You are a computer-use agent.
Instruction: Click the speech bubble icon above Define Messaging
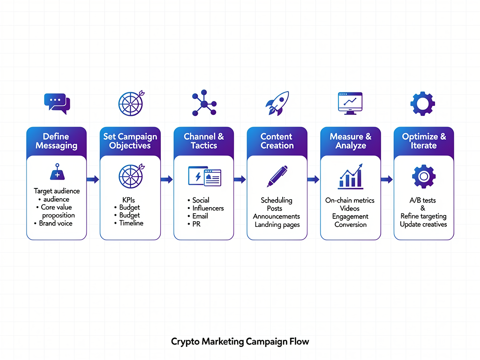tap(57, 104)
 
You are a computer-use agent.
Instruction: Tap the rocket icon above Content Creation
tap(277, 104)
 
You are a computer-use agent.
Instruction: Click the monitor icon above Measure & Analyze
tap(350, 103)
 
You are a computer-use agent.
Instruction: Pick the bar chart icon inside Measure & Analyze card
tap(350, 176)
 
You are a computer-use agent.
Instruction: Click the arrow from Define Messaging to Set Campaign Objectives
tap(93, 179)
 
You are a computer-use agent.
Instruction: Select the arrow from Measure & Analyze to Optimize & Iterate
tap(386, 179)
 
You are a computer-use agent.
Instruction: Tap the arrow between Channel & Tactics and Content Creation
tap(240, 179)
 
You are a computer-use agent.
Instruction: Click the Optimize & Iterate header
tap(424, 141)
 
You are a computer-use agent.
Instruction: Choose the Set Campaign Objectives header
tap(130, 141)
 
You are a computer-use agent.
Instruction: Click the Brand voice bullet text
tap(56, 223)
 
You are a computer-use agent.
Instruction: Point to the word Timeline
tap(131, 223)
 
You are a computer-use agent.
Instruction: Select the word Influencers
tap(208, 208)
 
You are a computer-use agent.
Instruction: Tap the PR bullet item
tap(197, 224)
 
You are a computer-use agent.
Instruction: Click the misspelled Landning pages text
tap(277, 225)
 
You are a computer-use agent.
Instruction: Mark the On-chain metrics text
tap(350, 200)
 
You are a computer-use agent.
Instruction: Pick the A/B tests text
tap(423, 200)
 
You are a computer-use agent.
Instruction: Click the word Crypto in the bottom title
tap(185, 341)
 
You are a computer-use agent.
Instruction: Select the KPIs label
tap(128, 200)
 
